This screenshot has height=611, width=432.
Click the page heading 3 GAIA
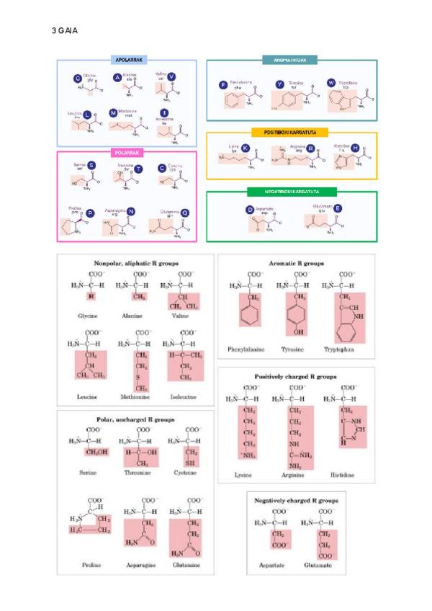point(65,31)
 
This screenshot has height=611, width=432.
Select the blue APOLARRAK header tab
point(127,61)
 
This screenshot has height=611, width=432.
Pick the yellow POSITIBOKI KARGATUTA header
point(291,133)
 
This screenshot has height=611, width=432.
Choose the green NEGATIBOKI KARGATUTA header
point(292,192)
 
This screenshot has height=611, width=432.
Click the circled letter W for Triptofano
point(331,83)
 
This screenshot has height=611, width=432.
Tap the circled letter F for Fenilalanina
point(223,85)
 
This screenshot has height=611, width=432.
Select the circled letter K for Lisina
point(246,148)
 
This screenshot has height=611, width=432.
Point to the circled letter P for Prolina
point(90,213)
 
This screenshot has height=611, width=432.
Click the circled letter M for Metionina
point(112,113)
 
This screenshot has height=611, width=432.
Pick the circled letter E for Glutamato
point(338,208)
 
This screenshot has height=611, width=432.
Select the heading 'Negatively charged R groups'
point(296,499)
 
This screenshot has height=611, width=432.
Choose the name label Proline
point(90,566)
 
